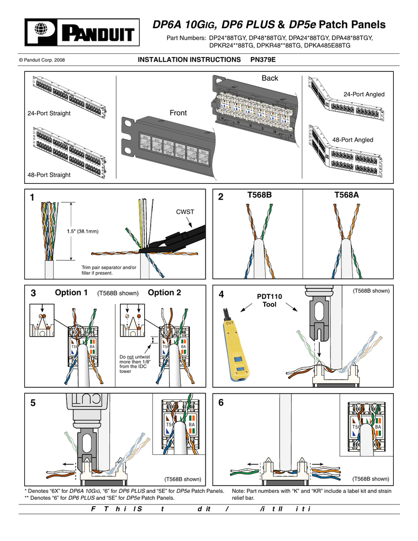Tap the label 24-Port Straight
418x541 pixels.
tap(49, 114)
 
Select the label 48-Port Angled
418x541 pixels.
tap(352, 140)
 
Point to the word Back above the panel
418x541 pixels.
tap(270, 78)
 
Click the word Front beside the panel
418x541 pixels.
tap(179, 113)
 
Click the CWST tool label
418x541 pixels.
tap(185, 212)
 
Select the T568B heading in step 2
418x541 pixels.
tap(259, 195)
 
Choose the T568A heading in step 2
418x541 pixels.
tap(347, 195)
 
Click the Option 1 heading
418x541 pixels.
tap(71, 293)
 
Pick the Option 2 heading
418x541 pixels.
tap(164, 293)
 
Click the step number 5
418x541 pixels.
tap(34, 403)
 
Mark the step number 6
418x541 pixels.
tap(220, 403)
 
